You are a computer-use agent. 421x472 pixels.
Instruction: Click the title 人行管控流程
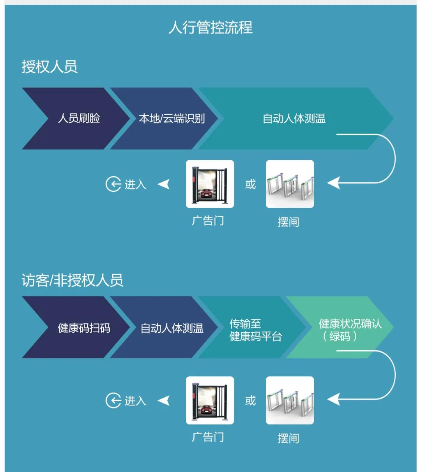click(210, 28)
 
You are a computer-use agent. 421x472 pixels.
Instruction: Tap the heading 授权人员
click(50, 67)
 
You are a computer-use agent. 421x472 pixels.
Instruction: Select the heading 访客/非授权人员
click(73, 280)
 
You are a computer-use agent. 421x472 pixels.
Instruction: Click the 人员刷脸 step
click(79, 118)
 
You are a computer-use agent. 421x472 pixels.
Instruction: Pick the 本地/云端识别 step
click(172, 118)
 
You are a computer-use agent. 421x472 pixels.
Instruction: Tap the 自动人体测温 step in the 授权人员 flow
click(294, 118)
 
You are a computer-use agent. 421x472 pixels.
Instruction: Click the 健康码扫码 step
click(84, 328)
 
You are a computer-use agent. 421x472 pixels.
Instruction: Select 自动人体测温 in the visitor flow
click(172, 328)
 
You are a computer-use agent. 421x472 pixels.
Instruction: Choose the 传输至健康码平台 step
click(255, 330)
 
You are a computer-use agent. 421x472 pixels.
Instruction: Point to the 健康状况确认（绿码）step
click(350, 330)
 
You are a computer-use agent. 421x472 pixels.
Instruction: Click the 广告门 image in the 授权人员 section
click(210, 184)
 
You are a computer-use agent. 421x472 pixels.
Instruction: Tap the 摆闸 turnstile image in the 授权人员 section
click(290, 184)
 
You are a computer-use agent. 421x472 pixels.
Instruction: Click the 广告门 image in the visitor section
click(210, 400)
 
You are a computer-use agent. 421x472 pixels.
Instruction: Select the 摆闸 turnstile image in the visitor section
click(290, 400)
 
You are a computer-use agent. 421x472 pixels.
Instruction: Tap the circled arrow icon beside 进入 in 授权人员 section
click(113, 184)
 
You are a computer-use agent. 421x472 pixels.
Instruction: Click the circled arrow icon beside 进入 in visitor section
click(113, 400)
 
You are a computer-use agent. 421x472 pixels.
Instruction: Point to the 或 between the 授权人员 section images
click(250, 184)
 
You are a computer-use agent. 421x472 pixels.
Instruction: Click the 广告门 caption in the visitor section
click(208, 437)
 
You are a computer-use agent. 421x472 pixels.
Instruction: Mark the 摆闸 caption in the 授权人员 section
click(288, 222)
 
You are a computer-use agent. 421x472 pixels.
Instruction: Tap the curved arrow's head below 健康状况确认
click(333, 399)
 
